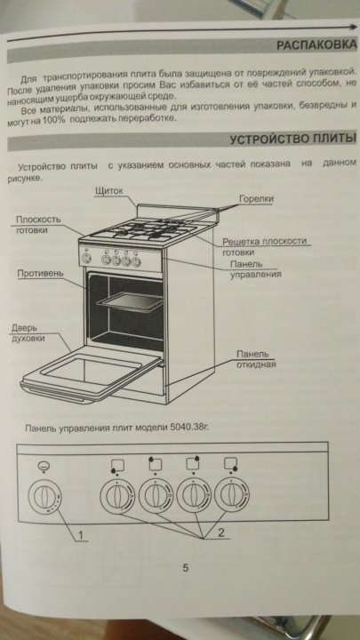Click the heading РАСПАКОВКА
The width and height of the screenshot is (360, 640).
pos(316,44)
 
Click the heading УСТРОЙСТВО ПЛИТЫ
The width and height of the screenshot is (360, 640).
pos(292,140)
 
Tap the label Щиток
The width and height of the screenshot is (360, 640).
pos(108,190)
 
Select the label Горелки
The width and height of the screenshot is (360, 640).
pos(256,198)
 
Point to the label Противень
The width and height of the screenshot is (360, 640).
pos(40,273)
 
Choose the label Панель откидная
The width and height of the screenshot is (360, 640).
pos(256,358)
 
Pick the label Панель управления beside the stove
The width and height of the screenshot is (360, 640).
pos(255,269)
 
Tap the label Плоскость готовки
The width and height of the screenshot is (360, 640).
pos(38,225)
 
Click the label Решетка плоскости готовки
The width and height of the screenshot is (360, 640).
pos(264,246)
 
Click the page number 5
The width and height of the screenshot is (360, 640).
pos(185,568)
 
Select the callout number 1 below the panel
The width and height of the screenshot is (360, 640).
pos(80,535)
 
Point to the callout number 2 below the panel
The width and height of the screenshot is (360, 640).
pos(220,532)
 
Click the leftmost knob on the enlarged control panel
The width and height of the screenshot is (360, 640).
pos(45,497)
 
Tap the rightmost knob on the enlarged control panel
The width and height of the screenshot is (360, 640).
pos(232,494)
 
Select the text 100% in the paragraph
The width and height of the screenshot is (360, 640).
pos(53,120)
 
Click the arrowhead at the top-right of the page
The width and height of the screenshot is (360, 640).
pos(353,27)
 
